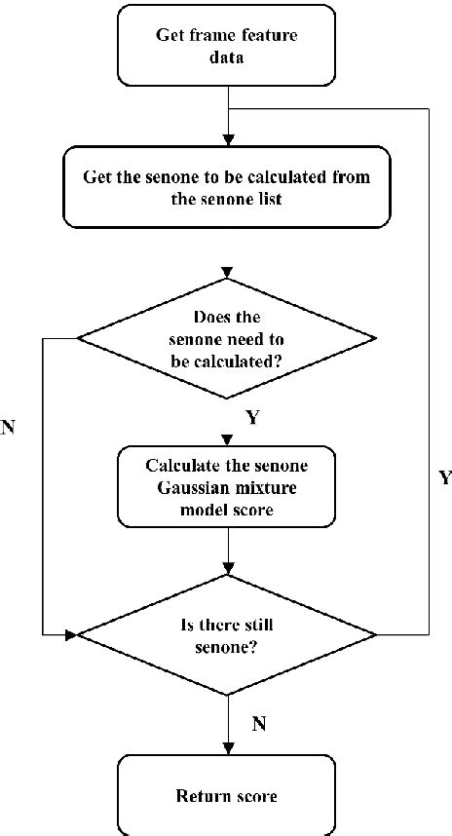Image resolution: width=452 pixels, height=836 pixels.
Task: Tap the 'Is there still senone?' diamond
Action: pos(226,635)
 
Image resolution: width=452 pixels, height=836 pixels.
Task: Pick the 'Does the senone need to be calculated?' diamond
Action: pos(226,337)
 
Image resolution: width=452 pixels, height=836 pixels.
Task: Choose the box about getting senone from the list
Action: pos(226,189)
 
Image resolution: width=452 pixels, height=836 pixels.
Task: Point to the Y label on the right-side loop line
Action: pos(445,477)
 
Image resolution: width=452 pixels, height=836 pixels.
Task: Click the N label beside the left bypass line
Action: pos(9,427)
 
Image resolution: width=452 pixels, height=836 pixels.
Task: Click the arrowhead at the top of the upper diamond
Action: pos(227,270)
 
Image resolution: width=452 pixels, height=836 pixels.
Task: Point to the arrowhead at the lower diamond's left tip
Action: pos(70,635)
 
